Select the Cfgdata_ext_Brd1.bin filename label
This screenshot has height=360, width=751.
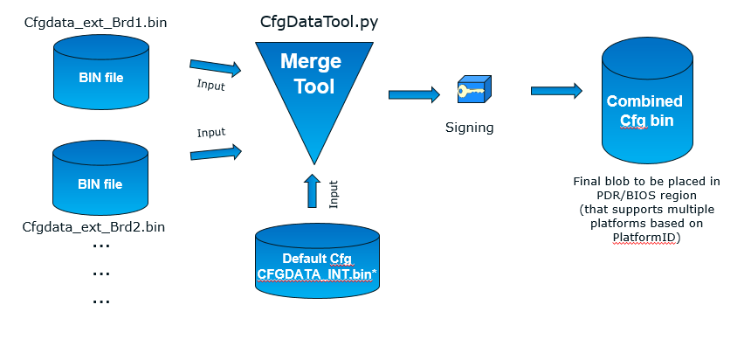pyautogui.click(x=96, y=20)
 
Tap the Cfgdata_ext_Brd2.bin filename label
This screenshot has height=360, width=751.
pyautogui.click(x=93, y=227)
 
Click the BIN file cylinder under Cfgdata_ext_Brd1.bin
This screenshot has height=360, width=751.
pyautogui.click(x=100, y=77)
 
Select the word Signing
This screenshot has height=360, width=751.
pyautogui.click(x=470, y=128)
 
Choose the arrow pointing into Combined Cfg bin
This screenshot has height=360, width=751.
pyautogui.click(x=556, y=90)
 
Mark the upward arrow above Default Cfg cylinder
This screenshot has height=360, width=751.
pyautogui.click(x=313, y=190)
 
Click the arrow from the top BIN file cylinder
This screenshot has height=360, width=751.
pyautogui.click(x=215, y=66)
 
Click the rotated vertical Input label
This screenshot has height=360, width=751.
pyautogui.click(x=333, y=194)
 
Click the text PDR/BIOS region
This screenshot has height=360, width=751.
pyautogui.click(x=646, y=196)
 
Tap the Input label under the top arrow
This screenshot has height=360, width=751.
pyautogui.click(x=210, y=86)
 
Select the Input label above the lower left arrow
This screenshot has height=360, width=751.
pyautogui.click(x=210, y=133)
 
